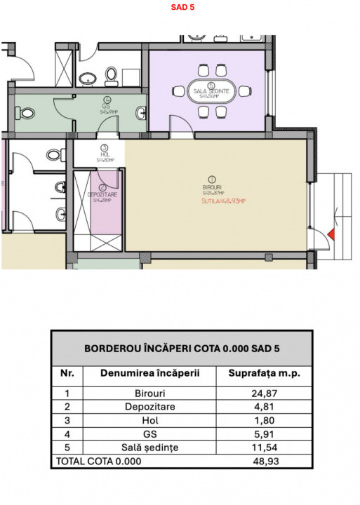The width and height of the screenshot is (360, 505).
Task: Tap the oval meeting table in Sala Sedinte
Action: click(217, 91)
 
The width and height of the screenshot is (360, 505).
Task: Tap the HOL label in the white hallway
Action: click(104, 156)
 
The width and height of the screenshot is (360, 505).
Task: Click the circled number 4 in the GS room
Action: click(107, 100)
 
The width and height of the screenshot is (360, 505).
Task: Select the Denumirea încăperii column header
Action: click(149, 374)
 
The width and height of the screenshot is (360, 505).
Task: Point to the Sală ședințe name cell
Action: click(149, 447)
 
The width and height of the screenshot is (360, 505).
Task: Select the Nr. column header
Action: click(68, 374)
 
